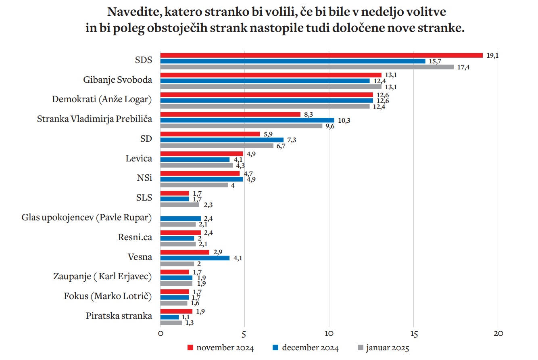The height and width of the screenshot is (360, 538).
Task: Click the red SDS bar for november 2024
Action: click(321, 55)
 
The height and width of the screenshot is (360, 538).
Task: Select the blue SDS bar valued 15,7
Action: click(293, 61)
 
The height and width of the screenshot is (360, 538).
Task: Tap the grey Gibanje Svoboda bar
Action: click(271, 86)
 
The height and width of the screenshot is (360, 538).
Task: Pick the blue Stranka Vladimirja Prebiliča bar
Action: click(247, 120)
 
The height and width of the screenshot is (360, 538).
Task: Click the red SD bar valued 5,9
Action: click(210, 134)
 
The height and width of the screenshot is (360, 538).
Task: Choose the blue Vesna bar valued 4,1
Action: click(195, 258)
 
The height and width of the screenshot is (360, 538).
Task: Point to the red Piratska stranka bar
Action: click(176, 311)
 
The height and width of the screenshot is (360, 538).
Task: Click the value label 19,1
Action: click(492, 56)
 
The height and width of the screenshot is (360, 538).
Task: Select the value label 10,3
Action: click(344, 120)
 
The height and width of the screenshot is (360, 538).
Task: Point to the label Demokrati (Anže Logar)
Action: click(102, 100)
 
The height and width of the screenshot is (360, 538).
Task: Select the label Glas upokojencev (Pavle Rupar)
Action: click(87, 218)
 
